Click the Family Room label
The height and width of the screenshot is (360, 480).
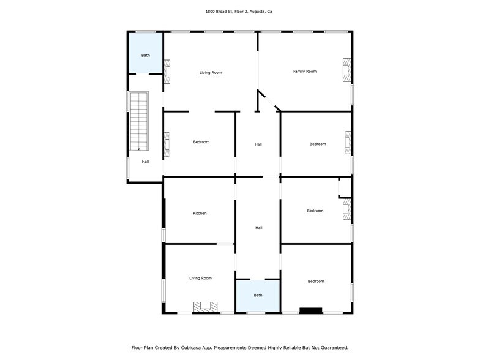click(x=305, y=71)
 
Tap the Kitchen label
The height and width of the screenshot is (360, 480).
click(x=200, y=213)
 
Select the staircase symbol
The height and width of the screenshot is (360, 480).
click(x=139, y=121)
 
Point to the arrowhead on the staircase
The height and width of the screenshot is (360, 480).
click(x=139, y=149)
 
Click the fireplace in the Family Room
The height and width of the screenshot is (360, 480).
click(x=347, y=70)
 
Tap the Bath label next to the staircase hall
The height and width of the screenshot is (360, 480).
click(x=146, y=55)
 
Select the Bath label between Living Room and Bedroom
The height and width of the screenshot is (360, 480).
click(x=258, y=295)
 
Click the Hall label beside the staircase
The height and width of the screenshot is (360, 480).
click(x=146, y=162)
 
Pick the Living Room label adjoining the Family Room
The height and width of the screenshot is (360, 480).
click(x=211, y=72)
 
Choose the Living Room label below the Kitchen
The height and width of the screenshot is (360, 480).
click(x=201, y=278)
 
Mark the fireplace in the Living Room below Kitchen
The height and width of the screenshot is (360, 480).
click(x=206, y=307)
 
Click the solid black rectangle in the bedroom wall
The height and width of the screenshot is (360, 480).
click(x=311, y=311)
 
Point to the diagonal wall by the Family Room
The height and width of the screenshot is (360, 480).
click(x=269, y=100)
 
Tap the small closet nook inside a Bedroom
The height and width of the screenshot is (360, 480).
click(x=345, y=187)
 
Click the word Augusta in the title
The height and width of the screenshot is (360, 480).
click(x=257, y=12)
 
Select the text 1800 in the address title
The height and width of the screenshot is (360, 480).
click(x=209, y=12)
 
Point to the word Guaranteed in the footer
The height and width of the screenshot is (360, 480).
click(x=334, y=348)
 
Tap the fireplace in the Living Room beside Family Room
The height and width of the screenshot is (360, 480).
click(x=167, y=72)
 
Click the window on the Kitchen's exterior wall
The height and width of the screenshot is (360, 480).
click(x=163, y=235)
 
